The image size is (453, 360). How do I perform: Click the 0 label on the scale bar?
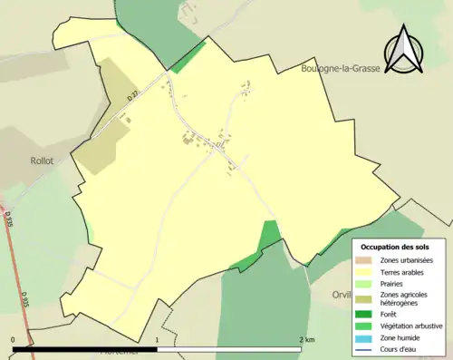(x=14, y=339)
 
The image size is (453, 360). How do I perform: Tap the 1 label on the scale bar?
(x=158, y=339)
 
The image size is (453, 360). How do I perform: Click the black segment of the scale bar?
(x=86, y=348)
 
